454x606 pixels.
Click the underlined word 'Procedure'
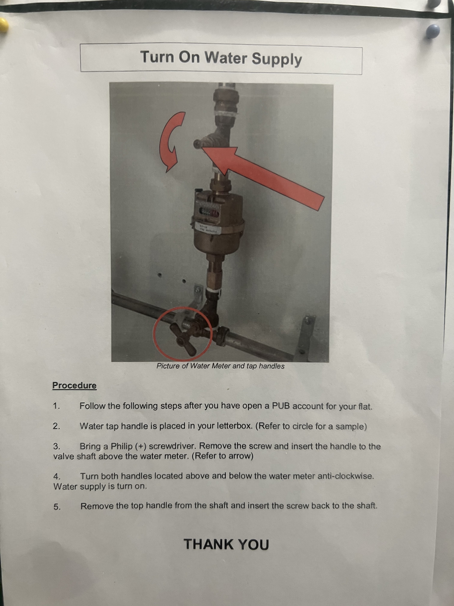coord(74,386)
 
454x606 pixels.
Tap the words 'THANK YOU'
coord(226,544)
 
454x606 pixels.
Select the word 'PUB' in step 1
coord(281,406)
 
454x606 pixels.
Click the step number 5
coord(57,507)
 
